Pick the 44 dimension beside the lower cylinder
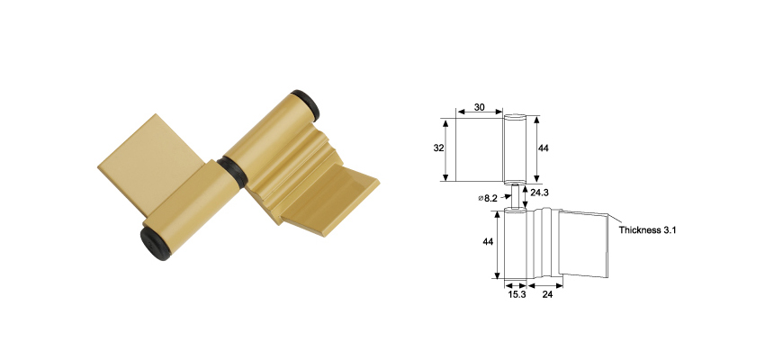pyautogui.click(x=487, y=242)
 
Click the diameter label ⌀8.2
pyautogui.click(x=490, y=197)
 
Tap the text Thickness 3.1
pyautogui.click(x=647, y=230)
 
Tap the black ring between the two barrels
pyautogui.click(x=231, y=170)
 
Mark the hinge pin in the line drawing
pyautogui.click(x=515, y=198)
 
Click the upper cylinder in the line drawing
pyautogui.click(x=515, y=148)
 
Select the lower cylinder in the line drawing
pyautogui.click(x=514, y=243)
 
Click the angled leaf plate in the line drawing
pyautogui.click(x=585, y=243)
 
